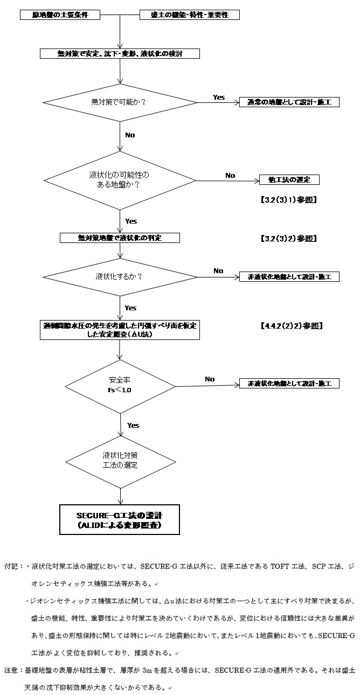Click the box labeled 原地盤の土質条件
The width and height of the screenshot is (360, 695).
coord(60,15)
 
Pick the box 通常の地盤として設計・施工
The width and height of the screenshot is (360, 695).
coord(289,102)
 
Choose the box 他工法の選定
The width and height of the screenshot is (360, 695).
coord(290,179)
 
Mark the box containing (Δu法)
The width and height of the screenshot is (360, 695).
coord(121,330)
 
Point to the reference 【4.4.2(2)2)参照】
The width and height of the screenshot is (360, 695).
coord(290,326)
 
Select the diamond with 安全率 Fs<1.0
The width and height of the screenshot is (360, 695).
coord(120,385)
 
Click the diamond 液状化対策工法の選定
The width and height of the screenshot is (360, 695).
coord(120,460)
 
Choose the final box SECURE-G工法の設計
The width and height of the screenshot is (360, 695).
coord(119,519)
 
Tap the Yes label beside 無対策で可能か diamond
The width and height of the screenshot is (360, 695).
coord(219,97)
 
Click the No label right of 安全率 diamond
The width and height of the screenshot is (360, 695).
coord(210,379)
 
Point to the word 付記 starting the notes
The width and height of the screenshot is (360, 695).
coord(11,567)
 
